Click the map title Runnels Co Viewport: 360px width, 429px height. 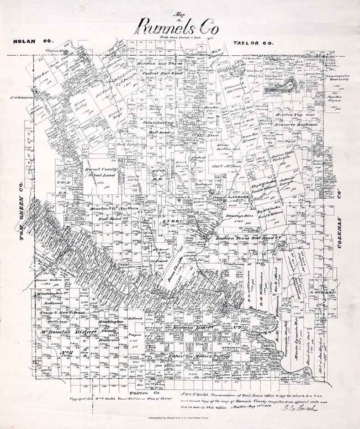point(179,27)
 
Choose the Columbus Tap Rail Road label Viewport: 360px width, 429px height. point(158,126)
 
